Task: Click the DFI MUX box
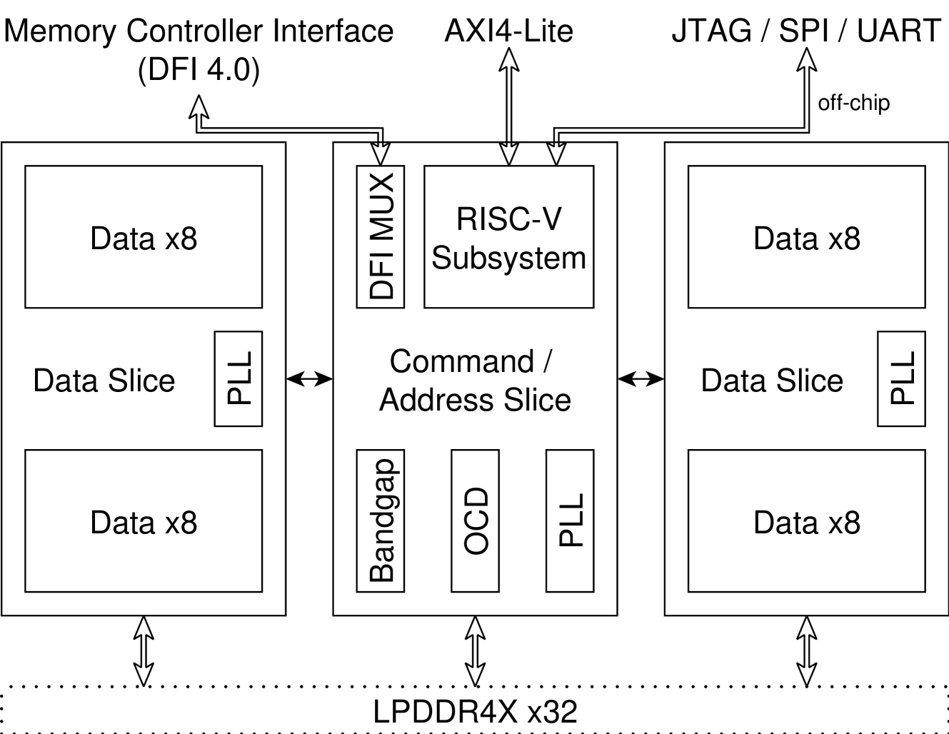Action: tap(381, 236)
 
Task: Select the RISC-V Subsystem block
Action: tap(508, 237)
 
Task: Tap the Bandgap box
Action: tap(381, 521)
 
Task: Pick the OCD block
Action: tap(475, 521)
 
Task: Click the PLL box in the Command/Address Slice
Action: tap(570, 521)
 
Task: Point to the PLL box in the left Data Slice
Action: tap(238, 378)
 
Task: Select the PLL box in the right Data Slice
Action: tap(901, 378)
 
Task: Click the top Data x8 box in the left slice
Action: tap(144, 237)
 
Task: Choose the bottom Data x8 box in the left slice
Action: tap(144, 521)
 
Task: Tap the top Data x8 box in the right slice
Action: tap(806, 237)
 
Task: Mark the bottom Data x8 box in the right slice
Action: tap(806, 521)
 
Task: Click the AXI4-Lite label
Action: tap(508, 31)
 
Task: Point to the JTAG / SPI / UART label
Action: tap(806, 31)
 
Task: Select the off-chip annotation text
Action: tap(853, 103)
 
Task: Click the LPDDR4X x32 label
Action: tap(475, 712)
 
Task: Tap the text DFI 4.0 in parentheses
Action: tap(199, 70)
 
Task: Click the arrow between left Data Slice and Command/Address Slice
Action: tap(309, 379)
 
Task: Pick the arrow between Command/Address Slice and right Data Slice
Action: tap(641, 379)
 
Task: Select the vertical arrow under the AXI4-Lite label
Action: tap(508, 107)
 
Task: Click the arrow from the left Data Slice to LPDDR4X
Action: tap(144, 650)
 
